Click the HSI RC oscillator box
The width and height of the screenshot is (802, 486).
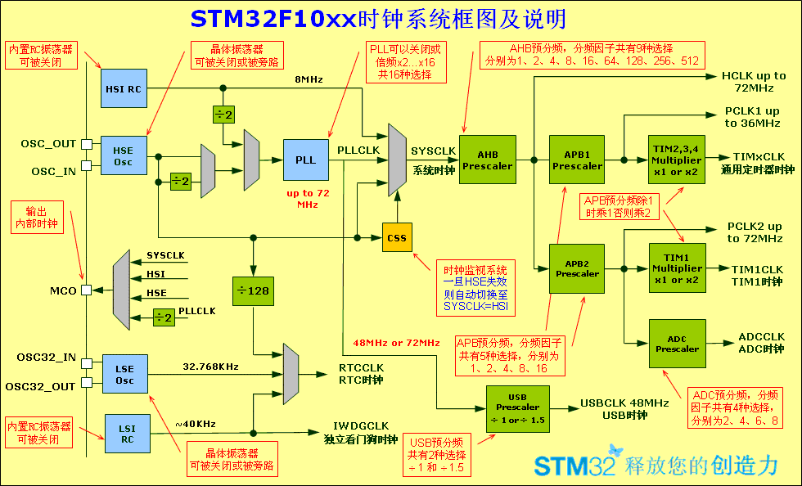coord(124,88)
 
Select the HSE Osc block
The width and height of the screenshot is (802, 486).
coord(124,156)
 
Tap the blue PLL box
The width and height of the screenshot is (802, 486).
coord(305,160)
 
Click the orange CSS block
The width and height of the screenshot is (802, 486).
coord(397,237)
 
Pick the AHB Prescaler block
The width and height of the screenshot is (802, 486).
coord(487,160)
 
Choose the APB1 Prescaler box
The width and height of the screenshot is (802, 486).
coord(577,160)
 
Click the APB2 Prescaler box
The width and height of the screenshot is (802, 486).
coord(577,268)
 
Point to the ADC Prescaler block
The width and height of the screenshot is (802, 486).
coord(677,343)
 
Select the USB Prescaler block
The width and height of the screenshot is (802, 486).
coord(517,407)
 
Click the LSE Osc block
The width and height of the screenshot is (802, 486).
coord(124,374)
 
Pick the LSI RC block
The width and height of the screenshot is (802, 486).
coord(128,433)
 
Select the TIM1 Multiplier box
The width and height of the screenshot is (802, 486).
coord(677,268)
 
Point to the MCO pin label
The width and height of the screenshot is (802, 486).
coord(63,290)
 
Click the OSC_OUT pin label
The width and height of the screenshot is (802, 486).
coord(48,144)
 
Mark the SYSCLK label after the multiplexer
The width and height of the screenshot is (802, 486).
coord(433,151)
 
